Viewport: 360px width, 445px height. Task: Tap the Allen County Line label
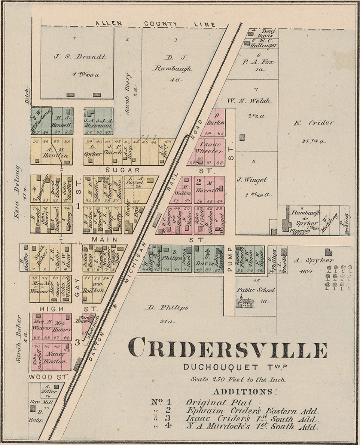coord(155,24)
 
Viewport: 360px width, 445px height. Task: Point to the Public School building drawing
coord(245,301)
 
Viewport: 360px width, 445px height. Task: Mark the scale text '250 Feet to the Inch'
coord(238,379)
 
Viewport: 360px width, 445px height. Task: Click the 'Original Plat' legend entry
coord(219,402)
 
